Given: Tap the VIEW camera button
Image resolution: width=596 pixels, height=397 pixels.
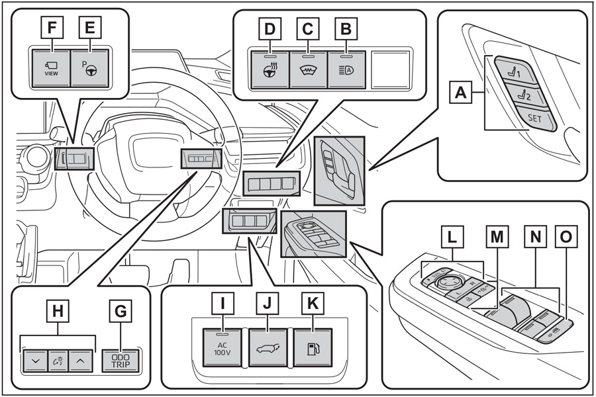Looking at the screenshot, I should point(52,68).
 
